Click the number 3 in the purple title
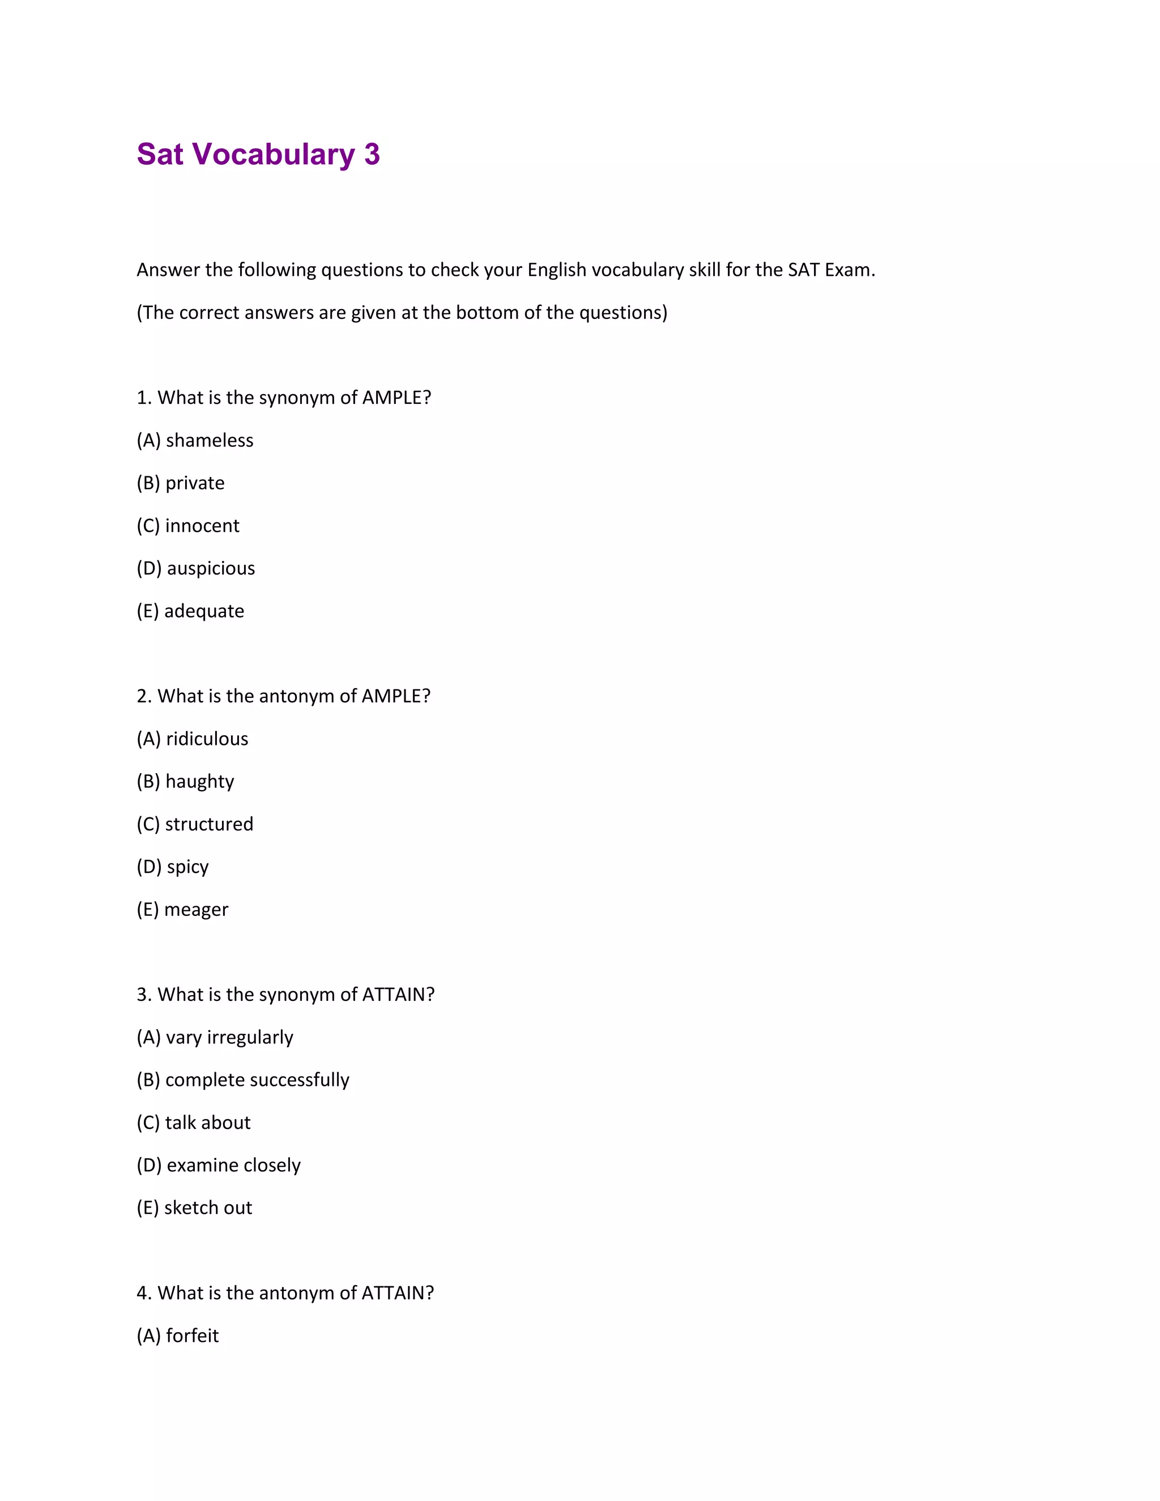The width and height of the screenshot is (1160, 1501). [x=372, y=155]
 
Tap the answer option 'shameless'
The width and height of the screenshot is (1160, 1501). [x=209, y=441]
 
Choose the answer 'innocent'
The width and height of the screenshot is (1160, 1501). [x=202, y=526]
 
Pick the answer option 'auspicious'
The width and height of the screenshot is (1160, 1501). [x=210, y=568]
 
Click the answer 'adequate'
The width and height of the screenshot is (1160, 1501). [x=204, y=611]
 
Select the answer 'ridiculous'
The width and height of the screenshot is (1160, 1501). [x=207, y=739]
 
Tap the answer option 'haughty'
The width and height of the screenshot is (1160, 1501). [x=199, y=782]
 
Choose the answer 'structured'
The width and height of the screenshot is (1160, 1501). [x=209, y=824]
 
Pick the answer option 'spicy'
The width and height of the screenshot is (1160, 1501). [x=187, y=867]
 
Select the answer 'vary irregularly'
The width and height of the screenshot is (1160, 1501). [x=229, y=1037]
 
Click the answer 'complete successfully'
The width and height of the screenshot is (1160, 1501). [x=257, y=1080]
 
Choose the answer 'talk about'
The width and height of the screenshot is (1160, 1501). [x=207, y=1122]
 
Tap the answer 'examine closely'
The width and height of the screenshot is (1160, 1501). [x=234, y=1166]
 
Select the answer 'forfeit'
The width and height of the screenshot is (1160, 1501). [x=192, y=1336]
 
